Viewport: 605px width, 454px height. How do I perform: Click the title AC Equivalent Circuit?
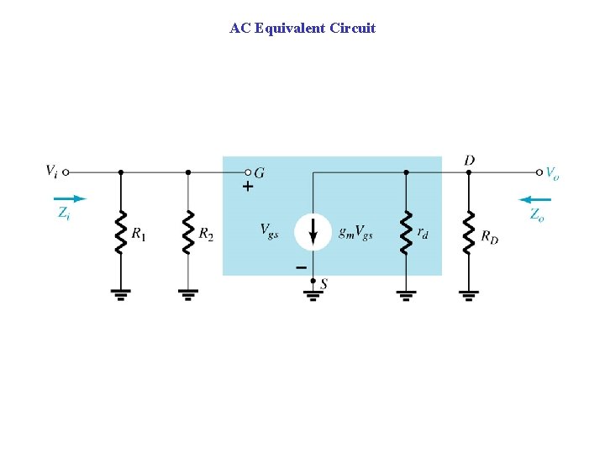tap(302, 28)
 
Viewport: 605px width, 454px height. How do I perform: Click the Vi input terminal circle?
tap(66, 172)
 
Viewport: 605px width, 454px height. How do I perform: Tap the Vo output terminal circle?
tap(539, 172)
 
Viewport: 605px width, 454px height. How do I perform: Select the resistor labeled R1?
tap(121, 230)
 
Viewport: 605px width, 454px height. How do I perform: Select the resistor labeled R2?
tap(188, 230)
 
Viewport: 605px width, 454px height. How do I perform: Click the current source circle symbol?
tap(313, 231)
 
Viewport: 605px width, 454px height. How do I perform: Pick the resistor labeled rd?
tap(406, 230)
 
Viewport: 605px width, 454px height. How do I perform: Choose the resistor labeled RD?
tap(468, 230)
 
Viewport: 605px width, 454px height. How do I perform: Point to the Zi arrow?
tap(73, 199)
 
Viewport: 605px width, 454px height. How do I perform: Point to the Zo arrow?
tap(535, 200)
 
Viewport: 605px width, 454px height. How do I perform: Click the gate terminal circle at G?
tap(249, 172)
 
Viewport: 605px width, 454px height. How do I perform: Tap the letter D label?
tap(469, 159)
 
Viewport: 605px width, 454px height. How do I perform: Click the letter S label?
tap(324, 283)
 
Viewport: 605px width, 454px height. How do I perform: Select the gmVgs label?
tap(355, 231)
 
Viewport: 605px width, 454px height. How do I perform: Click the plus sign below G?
tap(247, 187)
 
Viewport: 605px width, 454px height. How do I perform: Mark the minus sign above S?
tap(300, 267)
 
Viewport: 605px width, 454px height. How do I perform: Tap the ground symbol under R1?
tap(121, 294)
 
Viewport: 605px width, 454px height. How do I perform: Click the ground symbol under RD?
tap(468, 294)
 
